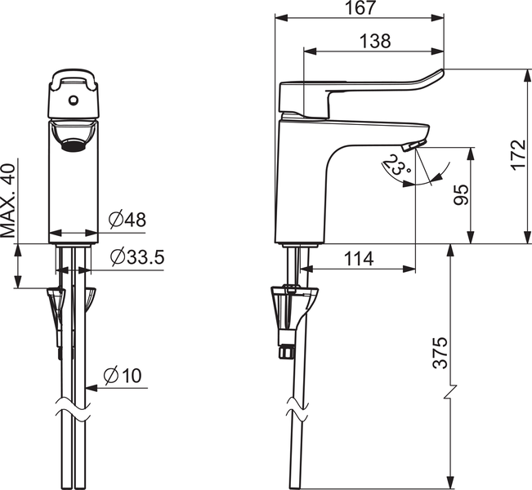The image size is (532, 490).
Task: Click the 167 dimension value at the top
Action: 360,7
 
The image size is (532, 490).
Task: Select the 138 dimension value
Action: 375,41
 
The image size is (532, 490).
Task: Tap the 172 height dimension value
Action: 518,155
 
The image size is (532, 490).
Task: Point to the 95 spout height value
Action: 461,194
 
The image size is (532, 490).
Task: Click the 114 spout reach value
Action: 359,259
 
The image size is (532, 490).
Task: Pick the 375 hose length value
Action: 440,353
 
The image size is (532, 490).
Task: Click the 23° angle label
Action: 397,164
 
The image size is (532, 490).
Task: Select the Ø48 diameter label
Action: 127,220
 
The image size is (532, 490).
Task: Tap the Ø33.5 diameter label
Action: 137,257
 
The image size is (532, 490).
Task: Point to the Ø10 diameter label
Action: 123,376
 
